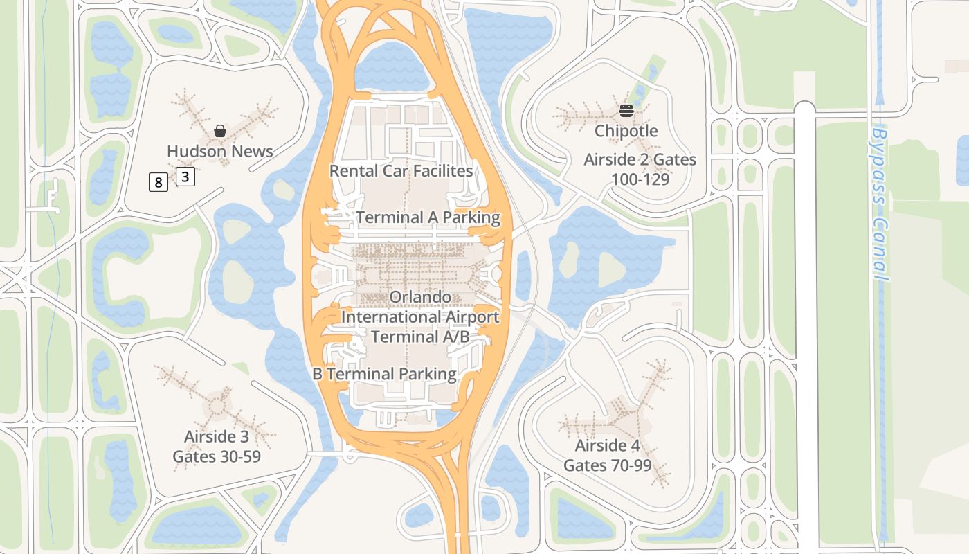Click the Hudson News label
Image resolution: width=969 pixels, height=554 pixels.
220,151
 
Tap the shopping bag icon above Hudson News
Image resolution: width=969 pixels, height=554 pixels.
220,130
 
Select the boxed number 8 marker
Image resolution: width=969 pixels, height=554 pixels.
159,183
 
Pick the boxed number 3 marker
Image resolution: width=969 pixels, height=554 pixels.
185,177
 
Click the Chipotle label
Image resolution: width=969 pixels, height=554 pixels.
626,131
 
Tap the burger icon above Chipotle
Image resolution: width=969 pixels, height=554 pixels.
626,111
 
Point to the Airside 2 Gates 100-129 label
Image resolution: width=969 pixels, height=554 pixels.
640,169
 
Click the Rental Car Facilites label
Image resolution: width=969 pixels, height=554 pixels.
401,170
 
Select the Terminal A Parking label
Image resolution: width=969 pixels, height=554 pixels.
428,217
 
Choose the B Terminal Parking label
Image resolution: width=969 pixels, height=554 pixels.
384,374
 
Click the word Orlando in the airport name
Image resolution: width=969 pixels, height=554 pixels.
420,297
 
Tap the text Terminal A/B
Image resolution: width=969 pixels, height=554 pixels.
420,337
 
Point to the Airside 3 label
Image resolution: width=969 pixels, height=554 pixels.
216,437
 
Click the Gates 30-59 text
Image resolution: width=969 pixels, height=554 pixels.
216,456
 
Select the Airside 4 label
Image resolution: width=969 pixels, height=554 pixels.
608,445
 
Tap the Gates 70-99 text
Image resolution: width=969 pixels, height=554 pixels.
608,465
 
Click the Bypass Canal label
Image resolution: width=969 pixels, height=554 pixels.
880,204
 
